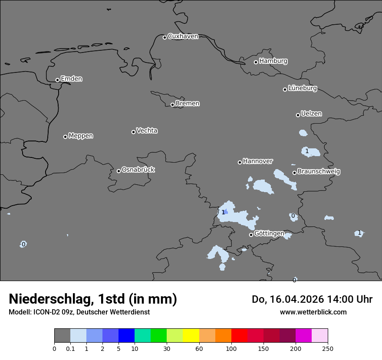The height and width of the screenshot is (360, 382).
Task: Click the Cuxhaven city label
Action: pyautogui.click(x=183, y=36)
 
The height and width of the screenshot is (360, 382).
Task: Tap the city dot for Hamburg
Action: pyautogui.click(x=256, y=62)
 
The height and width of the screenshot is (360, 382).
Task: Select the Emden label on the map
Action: pyautogui.click(x=71, y=79)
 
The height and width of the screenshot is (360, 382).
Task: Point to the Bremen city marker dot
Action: pyautogui.click(x=172, y=105)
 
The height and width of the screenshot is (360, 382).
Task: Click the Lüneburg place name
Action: pyautogui.click(x=302, y=88)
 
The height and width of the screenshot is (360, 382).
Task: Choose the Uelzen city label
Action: pyautogui.click(x=311, y=114)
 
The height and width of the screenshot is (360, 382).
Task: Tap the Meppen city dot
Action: pyautogui.click(x=65, y=137)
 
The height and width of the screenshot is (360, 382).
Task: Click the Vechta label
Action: pyautogui.click(x=147, y=131)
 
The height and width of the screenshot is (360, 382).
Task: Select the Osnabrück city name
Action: pyautogui.click(x=138, y=170)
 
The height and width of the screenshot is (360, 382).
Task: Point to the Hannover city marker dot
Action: pyautogui.click(x=240, y=162)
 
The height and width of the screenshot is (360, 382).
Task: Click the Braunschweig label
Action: pyautogui.click(x=319, y=172)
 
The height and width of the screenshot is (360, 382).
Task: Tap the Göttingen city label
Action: pyautogui.click(x=269, y=234)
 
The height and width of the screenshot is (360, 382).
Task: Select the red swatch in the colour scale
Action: pyautogui.click(x=239, y=336)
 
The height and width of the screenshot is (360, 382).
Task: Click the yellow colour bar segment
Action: pyautogui.click(x=191, y=336)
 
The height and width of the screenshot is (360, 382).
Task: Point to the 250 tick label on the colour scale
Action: pyautogui.click(x=328, y=348)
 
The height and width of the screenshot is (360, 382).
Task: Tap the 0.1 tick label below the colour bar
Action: pyautogui.click(x=70, y=348)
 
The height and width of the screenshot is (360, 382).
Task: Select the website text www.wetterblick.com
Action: pyautogui.click(x=313, y=312)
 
